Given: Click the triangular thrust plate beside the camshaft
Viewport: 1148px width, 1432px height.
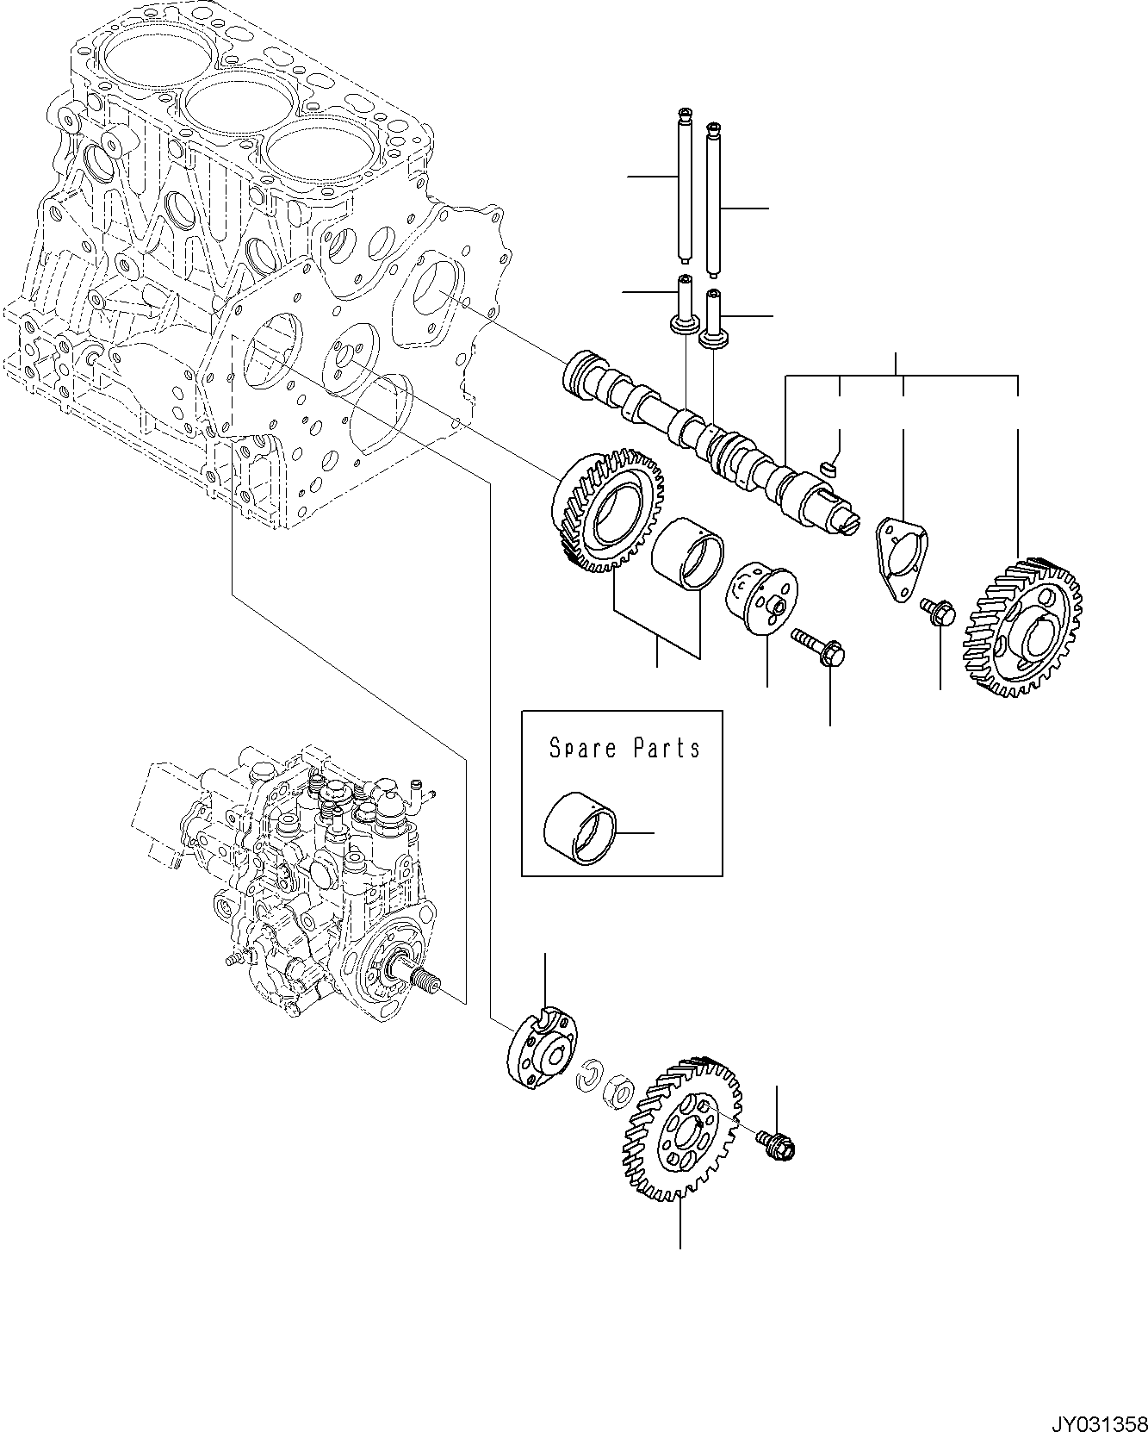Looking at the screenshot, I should [x=900, y=558].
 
